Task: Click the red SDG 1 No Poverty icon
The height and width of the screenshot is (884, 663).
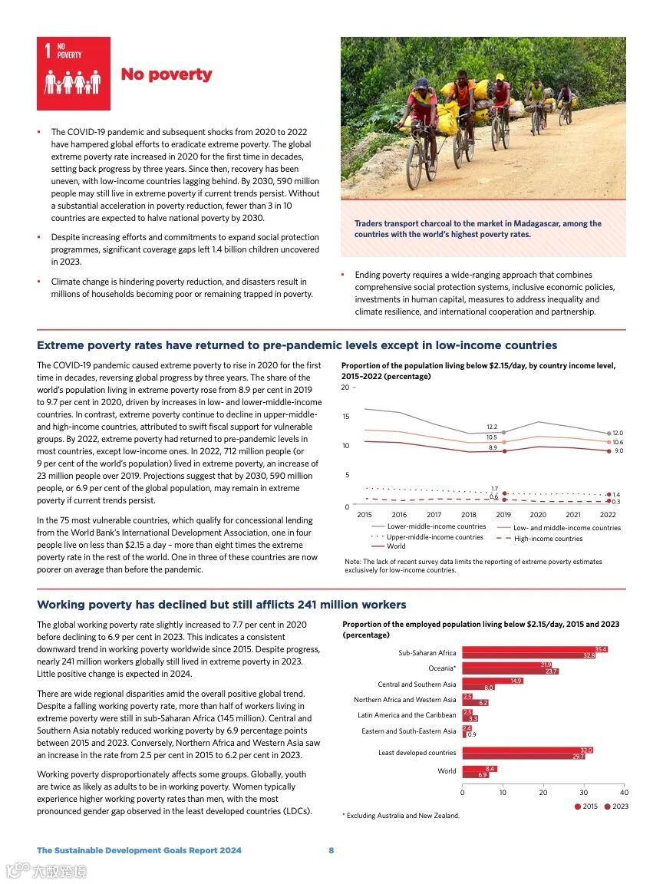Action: (74, 74)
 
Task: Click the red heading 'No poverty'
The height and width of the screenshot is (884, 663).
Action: (166, 74)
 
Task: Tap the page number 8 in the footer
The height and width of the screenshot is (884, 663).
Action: (331, 850)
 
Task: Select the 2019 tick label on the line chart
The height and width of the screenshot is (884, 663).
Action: (503, 515)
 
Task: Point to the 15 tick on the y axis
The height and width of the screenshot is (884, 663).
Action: (345, 417)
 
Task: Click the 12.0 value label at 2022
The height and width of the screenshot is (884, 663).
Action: (617, 433)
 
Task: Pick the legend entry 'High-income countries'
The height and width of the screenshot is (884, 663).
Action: (548, 539)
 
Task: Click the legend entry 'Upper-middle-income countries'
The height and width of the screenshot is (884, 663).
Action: (435, 537)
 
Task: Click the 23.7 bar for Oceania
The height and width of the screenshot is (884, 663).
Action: (510, 671)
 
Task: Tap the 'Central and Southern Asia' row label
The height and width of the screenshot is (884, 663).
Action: (417, 684)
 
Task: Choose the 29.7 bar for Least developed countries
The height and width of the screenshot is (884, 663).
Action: (523, 757)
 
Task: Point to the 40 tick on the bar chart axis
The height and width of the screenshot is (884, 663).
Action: (623, 792)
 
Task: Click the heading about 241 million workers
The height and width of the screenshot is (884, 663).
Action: (221, 605)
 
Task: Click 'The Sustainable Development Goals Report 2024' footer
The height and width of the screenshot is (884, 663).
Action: (139, 850)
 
